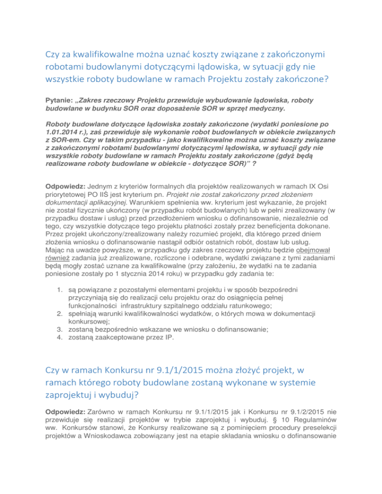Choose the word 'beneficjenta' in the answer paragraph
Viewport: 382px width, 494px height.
pos(284,226)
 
